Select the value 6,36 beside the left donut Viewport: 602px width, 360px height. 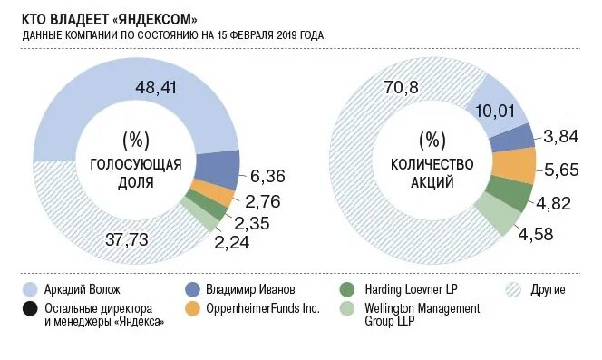(267, 175)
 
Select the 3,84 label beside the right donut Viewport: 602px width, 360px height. (561, 137)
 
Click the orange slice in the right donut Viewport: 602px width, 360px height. (513, 166)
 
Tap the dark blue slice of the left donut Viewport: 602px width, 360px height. (216, 168)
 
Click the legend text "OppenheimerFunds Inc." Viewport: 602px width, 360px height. (266, 309)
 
